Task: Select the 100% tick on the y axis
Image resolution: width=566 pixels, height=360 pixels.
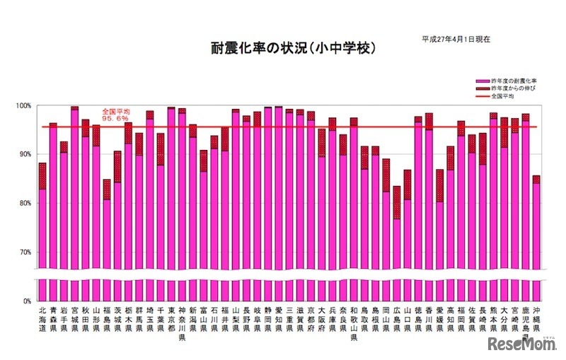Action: (x=24, y=106)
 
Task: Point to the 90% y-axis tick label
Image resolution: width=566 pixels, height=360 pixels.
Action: (x=24, y=155)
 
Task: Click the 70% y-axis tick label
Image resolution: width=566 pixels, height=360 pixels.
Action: (x=24, y=252)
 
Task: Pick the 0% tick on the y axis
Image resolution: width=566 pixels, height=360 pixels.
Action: (x=26, y=301)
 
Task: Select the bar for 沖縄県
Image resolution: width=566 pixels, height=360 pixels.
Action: (x=536, y=226)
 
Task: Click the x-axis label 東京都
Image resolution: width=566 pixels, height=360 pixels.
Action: (x=171, y=318)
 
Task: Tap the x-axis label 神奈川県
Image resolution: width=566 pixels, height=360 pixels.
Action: (x=182, y=323)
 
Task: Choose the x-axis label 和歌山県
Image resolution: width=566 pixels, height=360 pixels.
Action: (x=354, y=323)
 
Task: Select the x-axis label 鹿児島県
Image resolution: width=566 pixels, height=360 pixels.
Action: (x=526, y=323)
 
